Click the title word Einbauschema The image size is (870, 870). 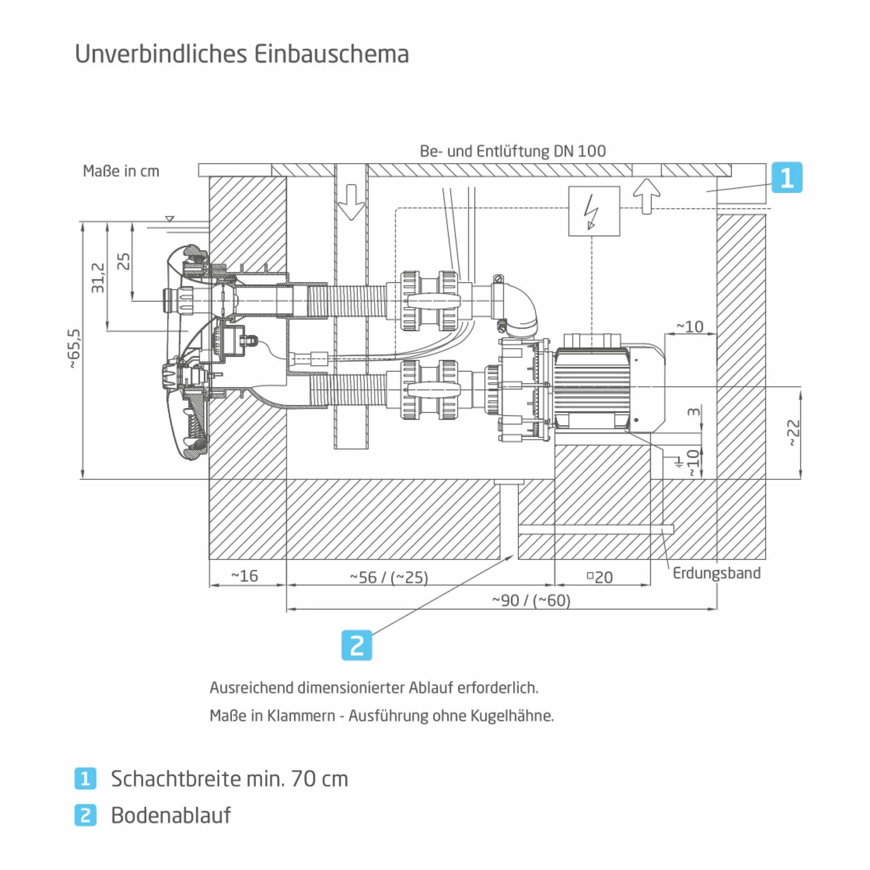tap(331, 54)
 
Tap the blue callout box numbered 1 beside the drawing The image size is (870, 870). tap(786, 177)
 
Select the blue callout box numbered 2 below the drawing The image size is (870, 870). tap(357, 645)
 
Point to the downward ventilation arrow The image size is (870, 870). tap(351, 202)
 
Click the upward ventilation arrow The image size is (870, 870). tap(647, 196)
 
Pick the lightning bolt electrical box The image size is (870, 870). tap(594, 211)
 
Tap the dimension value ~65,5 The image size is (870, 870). tap(75, 349)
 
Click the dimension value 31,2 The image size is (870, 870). tap(98, 278)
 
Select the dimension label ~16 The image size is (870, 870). tap(244, 576)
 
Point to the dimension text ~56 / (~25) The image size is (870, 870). tap(389, 577)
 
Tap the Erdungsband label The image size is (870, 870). tap(716, 573)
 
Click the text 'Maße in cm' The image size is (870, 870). tap(121, 171)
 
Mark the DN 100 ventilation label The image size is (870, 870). tap(512, 151)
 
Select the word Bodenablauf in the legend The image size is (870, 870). tap(171, 815)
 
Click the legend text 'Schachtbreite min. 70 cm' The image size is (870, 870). tap(230, 779)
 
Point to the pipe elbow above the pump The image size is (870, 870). tap(522, 308)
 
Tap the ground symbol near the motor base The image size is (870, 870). tap(678, 462)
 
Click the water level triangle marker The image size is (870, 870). tap(169, 219)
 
